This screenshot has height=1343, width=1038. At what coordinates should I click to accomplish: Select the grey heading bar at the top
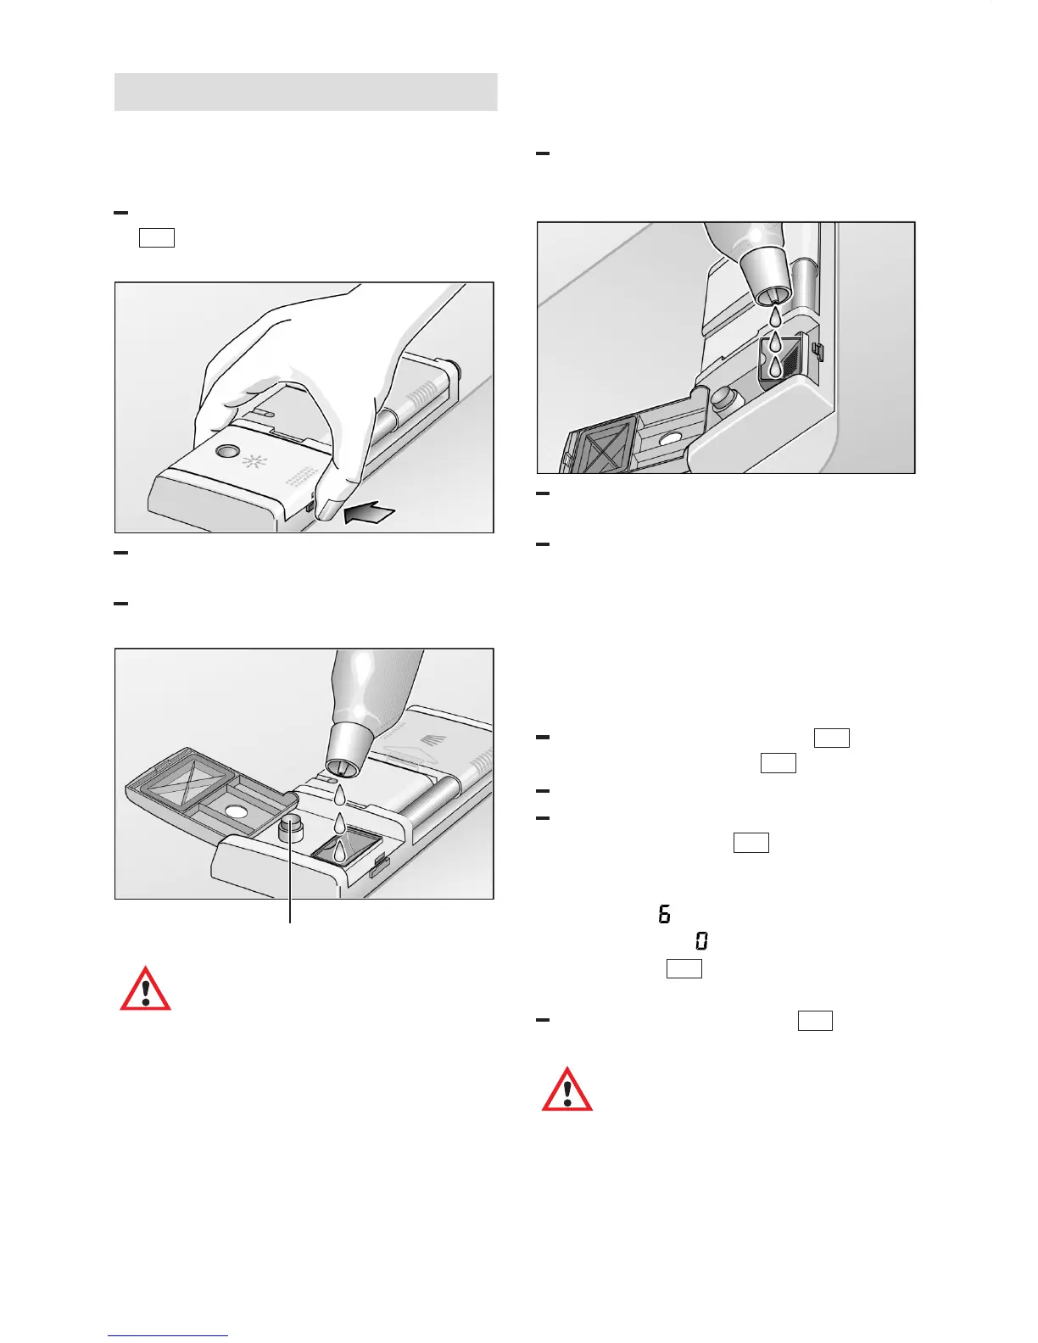[305, 92]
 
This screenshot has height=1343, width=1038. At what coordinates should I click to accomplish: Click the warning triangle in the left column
[145, 989]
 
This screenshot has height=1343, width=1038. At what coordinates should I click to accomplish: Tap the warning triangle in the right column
[567, 1089]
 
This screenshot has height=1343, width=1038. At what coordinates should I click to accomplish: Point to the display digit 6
[664, 914]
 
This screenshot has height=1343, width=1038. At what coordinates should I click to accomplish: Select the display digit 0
[702, 940]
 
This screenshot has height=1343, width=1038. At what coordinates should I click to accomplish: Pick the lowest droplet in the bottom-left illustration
[339, 850]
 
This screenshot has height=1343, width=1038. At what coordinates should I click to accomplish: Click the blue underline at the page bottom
[168, 1336]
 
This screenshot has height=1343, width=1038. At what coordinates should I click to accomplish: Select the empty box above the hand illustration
[157, 237]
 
